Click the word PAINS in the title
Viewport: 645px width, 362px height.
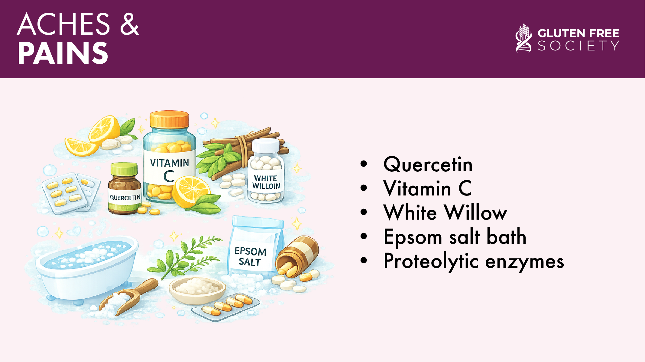point(63,53)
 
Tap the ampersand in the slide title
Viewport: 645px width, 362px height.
point(129,24)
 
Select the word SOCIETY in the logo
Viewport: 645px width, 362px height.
point(578,46)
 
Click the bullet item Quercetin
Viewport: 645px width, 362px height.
point(428,164)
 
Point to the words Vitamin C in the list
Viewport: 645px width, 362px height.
point(427,188)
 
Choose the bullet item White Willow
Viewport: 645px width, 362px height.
point(445,212)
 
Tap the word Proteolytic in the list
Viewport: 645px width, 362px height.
point(431,261)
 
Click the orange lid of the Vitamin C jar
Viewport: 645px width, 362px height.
point(169,119)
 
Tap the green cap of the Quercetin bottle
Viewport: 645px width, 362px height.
point(124,169)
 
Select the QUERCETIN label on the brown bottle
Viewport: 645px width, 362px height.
point(125,198)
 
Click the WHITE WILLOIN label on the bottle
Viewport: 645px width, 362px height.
point(266,182)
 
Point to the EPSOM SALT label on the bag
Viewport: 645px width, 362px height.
point(250,256)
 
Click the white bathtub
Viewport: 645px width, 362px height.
point(86,268)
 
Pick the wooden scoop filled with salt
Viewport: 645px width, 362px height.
point(127,297)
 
